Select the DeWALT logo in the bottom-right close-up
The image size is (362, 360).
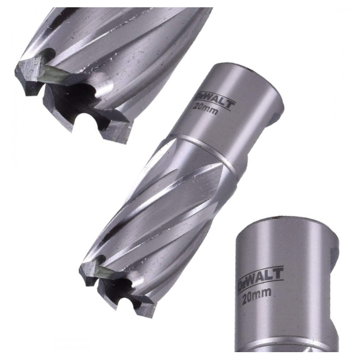coord(260,279)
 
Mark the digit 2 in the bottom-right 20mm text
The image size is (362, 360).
coord(245,297)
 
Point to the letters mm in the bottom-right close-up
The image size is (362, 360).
coord(263,291)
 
